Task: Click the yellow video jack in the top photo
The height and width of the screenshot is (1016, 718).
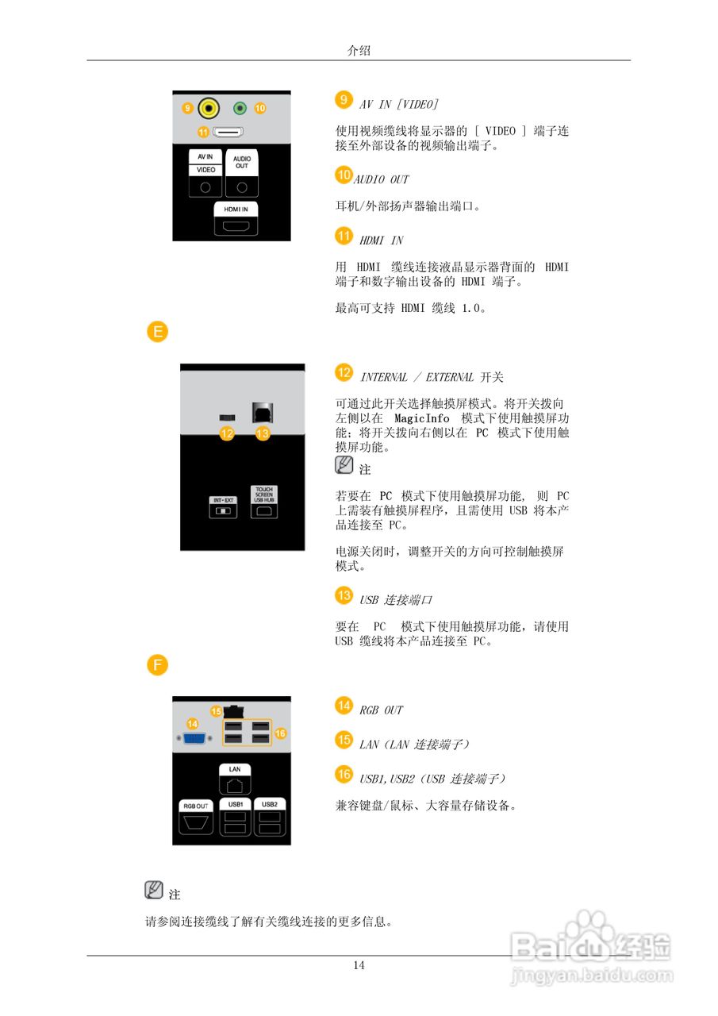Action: [209, 107]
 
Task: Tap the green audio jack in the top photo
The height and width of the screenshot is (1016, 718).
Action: [240, 107]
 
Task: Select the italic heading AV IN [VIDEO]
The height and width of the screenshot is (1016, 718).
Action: [399, 104]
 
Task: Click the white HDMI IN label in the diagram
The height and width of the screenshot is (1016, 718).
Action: [236, 209]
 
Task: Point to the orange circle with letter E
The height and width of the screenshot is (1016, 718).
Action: [158, 332]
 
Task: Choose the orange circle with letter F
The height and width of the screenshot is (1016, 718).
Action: [158, 665]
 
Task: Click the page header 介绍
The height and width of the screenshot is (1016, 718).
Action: [359, 50]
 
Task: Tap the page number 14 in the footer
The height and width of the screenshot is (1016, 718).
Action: [359, 965]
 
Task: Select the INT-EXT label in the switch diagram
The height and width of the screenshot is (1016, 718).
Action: [222, 499]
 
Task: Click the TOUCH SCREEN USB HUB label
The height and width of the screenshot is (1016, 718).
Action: [263, 495]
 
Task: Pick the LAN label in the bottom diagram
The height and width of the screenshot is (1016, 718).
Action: [235, 769]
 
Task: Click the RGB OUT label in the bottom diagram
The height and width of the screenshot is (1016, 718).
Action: [196, 805]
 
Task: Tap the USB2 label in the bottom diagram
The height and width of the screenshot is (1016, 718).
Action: [269, 804]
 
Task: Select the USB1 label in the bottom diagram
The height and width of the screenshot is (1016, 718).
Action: [235, 804]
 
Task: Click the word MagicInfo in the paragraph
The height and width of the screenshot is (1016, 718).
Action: [421, 418]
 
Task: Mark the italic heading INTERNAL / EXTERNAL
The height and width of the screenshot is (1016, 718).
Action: [417, 377]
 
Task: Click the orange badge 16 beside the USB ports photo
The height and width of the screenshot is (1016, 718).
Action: [280, 733]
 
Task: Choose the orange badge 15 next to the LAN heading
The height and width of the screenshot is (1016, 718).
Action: [344, 740]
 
